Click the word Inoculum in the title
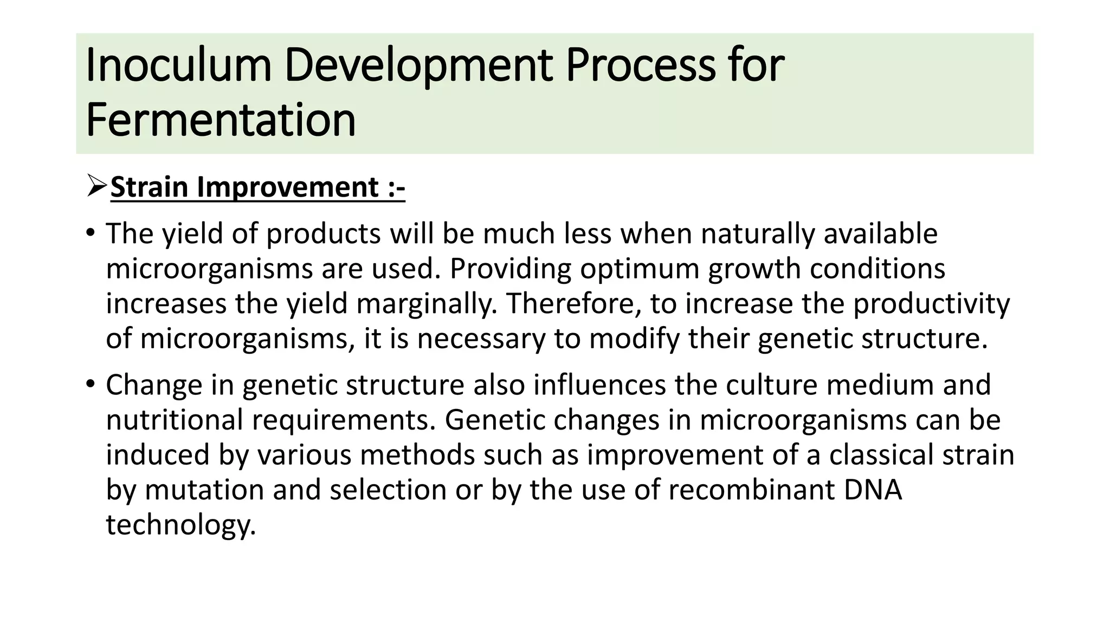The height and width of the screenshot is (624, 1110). click(x=178, y=66)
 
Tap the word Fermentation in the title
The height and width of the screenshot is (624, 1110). click(x=221, y=120)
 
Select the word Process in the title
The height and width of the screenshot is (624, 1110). click(x=640, y=66)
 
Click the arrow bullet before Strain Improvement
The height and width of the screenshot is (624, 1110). click(x=96, y=187)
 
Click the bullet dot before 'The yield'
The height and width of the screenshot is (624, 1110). click(x=90, y=234)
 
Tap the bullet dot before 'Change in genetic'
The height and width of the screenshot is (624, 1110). click(x=90, y=385)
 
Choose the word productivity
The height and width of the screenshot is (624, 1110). click(x=931, y=303)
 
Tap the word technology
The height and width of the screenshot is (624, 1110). click(x=180, y=524)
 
